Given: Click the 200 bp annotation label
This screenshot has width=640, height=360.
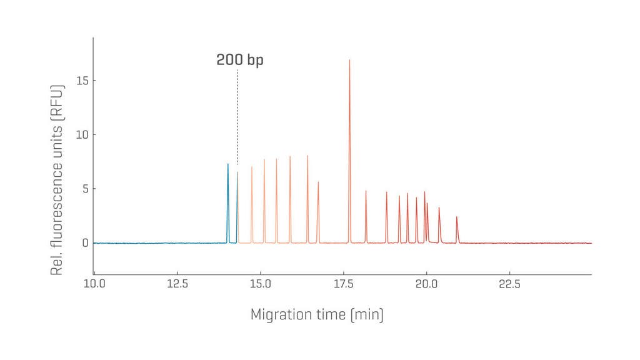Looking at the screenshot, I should [x=240, y=60].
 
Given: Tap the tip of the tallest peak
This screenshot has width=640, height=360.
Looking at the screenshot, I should [x=349, y=61].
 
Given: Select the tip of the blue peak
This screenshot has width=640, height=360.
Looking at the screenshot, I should [x=227, y=164].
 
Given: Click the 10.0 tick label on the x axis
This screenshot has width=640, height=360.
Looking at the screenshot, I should [x=94, y=285].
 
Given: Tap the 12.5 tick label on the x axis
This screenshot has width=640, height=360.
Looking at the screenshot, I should [x=177, y=285].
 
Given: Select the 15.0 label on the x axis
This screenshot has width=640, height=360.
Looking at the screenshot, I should [x=260, y=285].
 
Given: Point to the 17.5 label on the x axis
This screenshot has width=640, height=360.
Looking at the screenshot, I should [x=343, y=285].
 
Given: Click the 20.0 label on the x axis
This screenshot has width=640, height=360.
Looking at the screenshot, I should [x=426, y=285].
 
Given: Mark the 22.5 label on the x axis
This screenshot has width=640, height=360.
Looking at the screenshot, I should [x=509, y=285].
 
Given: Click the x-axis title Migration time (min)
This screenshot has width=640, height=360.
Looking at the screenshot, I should [x=317, y=314].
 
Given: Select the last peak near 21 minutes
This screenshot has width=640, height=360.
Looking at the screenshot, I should [x=457, y=218].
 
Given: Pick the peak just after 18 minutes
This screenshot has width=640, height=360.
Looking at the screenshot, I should [x=366, y=192].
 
